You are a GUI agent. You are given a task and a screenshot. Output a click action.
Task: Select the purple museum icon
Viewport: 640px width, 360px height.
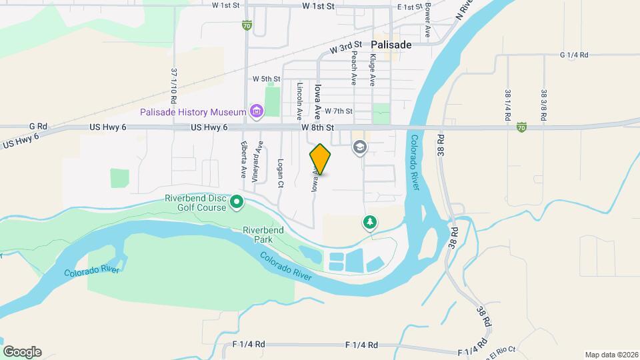[255, 111]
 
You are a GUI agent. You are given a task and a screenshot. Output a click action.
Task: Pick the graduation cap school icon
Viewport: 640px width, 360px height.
[360, 147]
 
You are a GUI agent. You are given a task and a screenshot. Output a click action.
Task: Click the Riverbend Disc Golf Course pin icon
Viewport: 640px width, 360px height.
[236, 201]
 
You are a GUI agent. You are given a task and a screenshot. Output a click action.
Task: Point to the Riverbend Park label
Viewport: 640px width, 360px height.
[263, 234]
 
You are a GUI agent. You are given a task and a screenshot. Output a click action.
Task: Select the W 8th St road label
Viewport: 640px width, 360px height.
[317, 127]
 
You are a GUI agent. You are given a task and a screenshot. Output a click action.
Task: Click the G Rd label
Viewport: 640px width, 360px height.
[38, 126]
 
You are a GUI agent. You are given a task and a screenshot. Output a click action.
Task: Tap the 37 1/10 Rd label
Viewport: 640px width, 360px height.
[174, 85]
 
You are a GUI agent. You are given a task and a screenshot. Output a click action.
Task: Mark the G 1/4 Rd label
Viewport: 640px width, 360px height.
[574, 55]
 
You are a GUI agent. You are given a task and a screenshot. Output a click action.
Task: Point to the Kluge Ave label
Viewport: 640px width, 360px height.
[373, 69]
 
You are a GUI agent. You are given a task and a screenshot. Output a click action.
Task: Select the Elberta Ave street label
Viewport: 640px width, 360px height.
[244, 161]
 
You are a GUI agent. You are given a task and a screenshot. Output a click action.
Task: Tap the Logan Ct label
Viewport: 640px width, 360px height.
[281, 173]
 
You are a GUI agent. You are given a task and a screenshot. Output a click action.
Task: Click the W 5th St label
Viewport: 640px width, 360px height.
[266, 79]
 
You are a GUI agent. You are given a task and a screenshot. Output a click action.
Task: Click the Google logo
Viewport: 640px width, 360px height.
[22, 351]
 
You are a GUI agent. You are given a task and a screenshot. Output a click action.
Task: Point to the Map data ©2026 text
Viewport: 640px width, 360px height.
[610, 355]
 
